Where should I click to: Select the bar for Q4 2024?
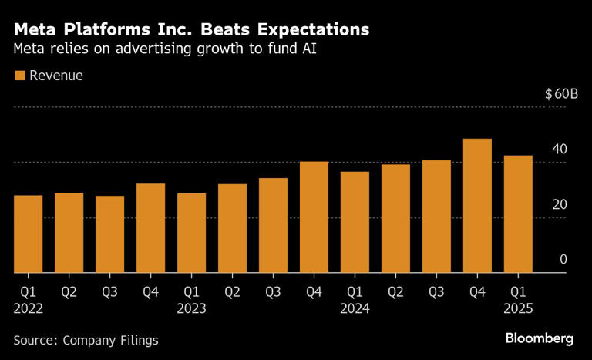pos(477,206)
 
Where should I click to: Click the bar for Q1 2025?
pos(518,214)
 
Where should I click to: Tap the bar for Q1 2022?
pos(29,234)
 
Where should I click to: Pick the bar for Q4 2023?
pos(314,217)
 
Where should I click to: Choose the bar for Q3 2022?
pos(110,234)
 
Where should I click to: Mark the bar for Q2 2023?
pos(232,228)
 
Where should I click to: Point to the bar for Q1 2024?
pos(355,222)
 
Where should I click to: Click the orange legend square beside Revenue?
pos(19,76)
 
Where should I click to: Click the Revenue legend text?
pos(55,76)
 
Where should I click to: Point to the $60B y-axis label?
pos(560,94)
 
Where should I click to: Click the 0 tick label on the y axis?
pos(563,260)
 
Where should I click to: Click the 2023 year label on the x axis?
pos(191,308)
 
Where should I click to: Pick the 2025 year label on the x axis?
pos(518,308)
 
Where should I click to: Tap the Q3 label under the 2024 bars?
pos(436,291)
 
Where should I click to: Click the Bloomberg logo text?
pos(540,338)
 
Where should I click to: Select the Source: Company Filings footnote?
pos(86,339)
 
